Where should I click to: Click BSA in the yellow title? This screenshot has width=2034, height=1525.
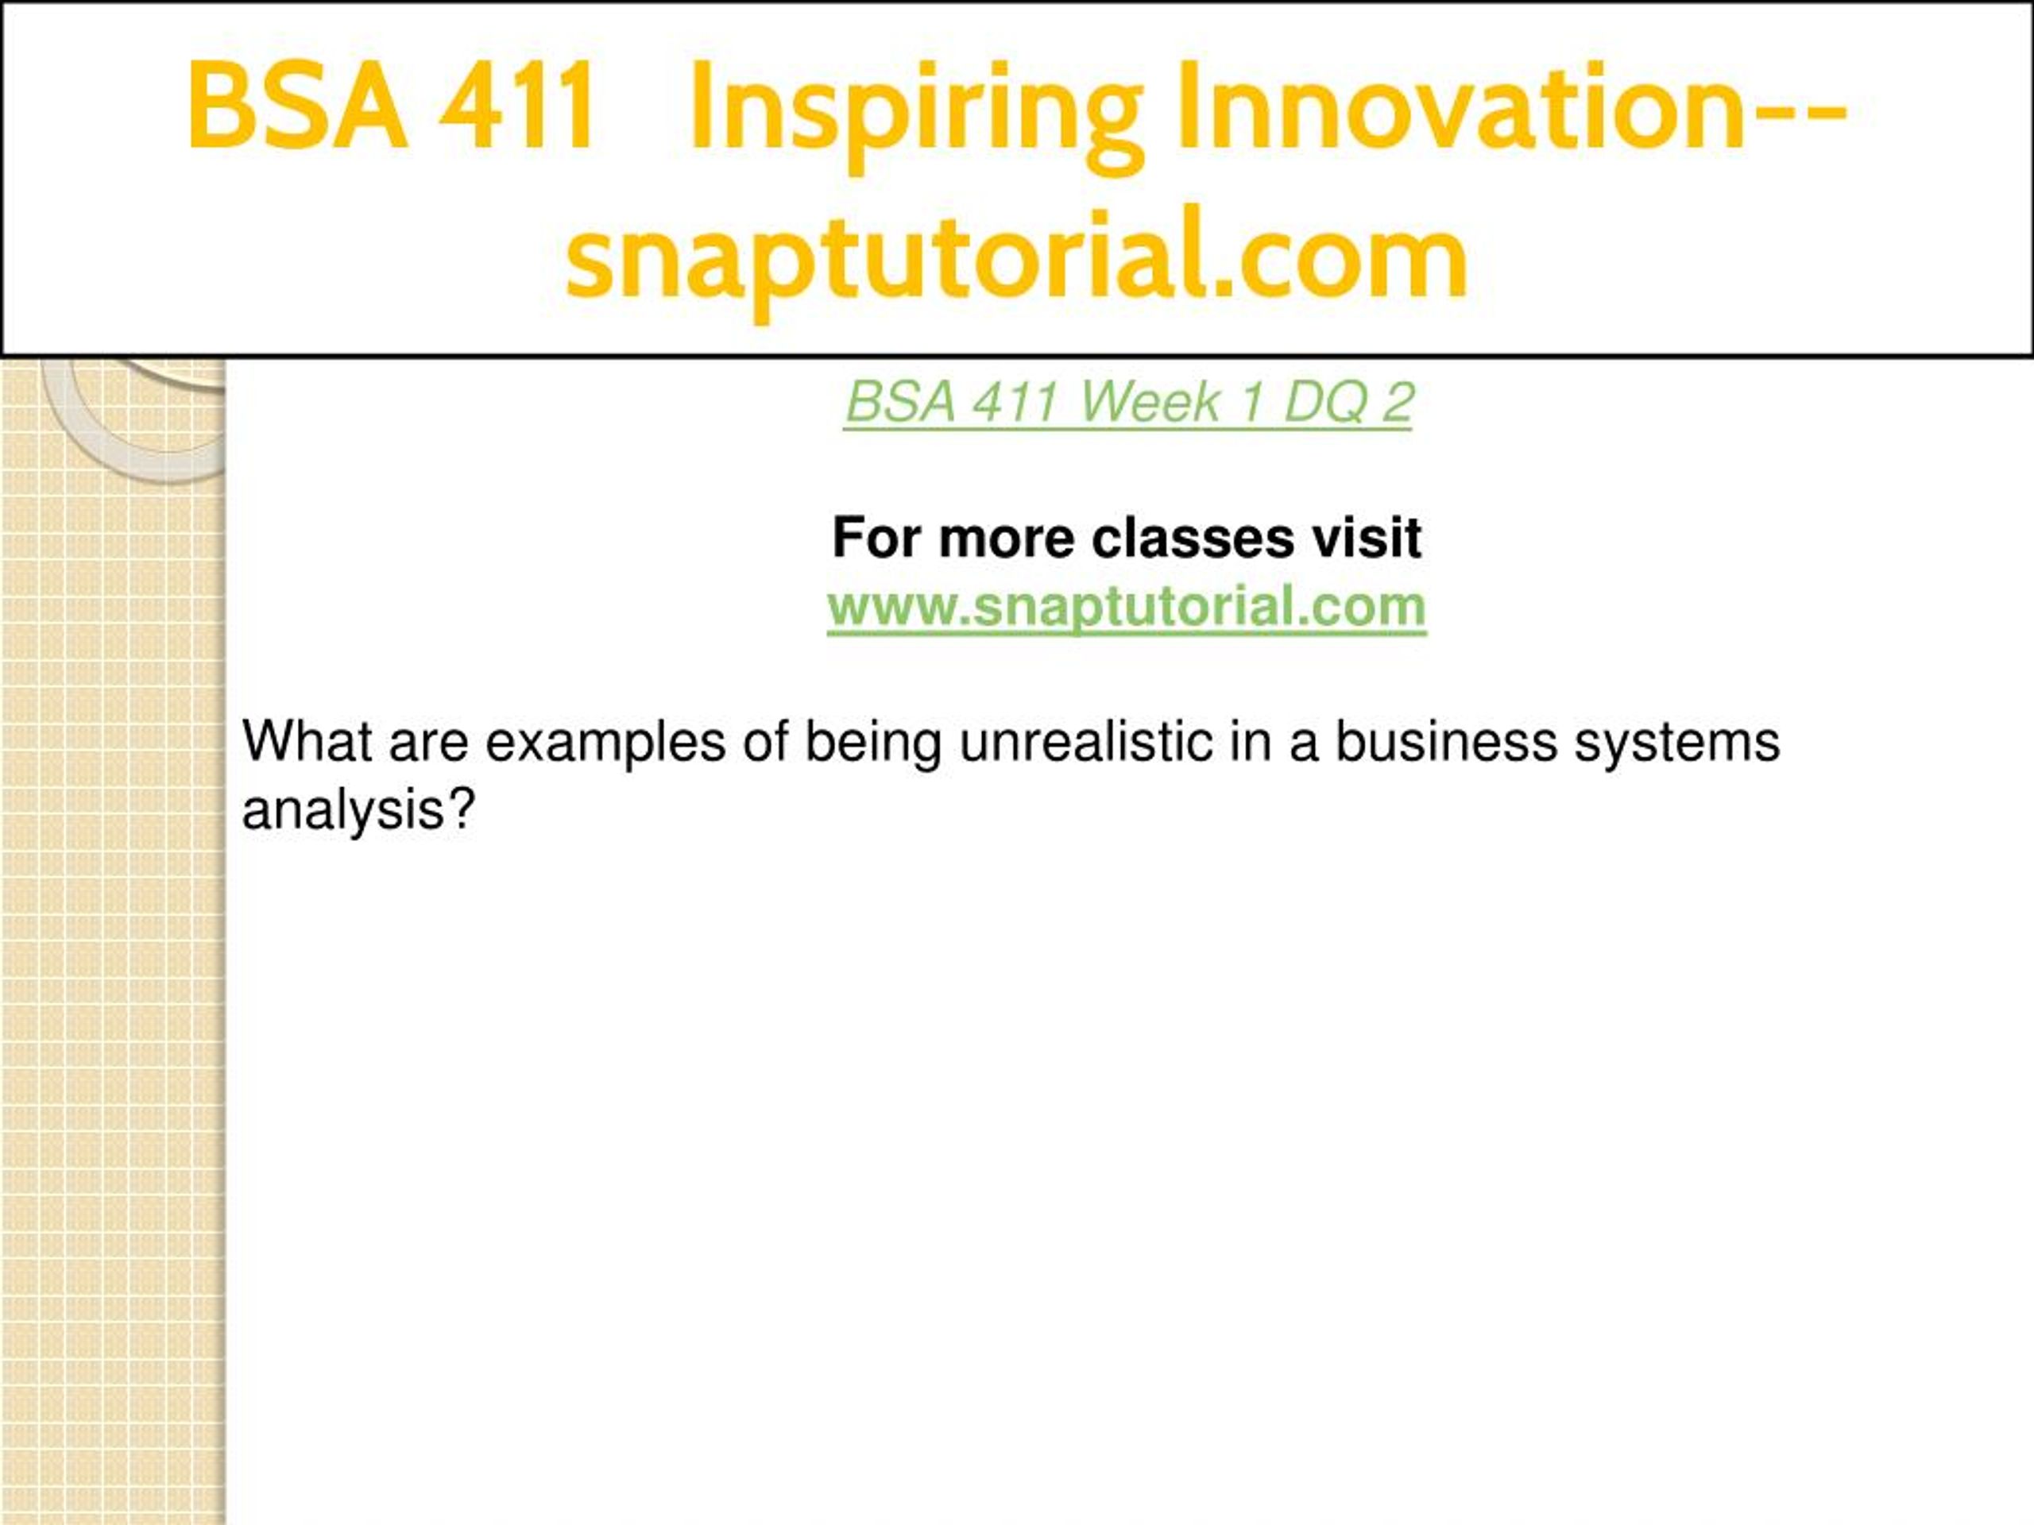296,105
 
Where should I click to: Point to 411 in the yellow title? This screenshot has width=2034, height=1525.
516,106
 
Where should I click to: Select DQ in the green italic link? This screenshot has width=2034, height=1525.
1321,402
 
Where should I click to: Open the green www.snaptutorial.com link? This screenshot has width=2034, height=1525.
1127,608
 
